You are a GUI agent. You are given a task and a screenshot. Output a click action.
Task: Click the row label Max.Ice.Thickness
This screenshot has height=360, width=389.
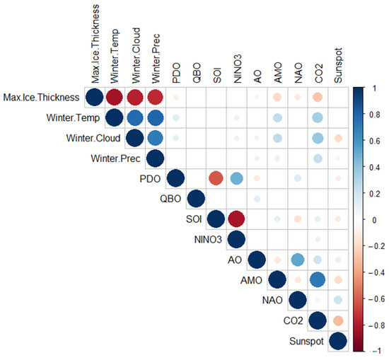click(41, 97)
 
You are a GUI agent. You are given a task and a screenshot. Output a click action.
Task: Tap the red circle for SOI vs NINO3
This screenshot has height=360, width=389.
click(236, 219)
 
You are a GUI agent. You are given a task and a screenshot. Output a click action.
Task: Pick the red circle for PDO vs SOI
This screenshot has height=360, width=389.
click(216, 179)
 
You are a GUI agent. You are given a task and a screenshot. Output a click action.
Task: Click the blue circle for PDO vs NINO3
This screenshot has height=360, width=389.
click(236, 179)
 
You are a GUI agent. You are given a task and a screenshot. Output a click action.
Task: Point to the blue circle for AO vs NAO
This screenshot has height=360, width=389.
click(297, 260)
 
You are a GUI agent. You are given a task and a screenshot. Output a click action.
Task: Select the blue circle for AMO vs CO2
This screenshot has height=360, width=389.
click(317, 280)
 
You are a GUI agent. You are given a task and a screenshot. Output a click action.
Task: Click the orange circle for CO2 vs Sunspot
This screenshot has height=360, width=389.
click(337, 321)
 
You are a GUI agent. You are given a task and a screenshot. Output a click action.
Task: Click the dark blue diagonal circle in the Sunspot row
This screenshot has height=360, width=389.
click(337, 342)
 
